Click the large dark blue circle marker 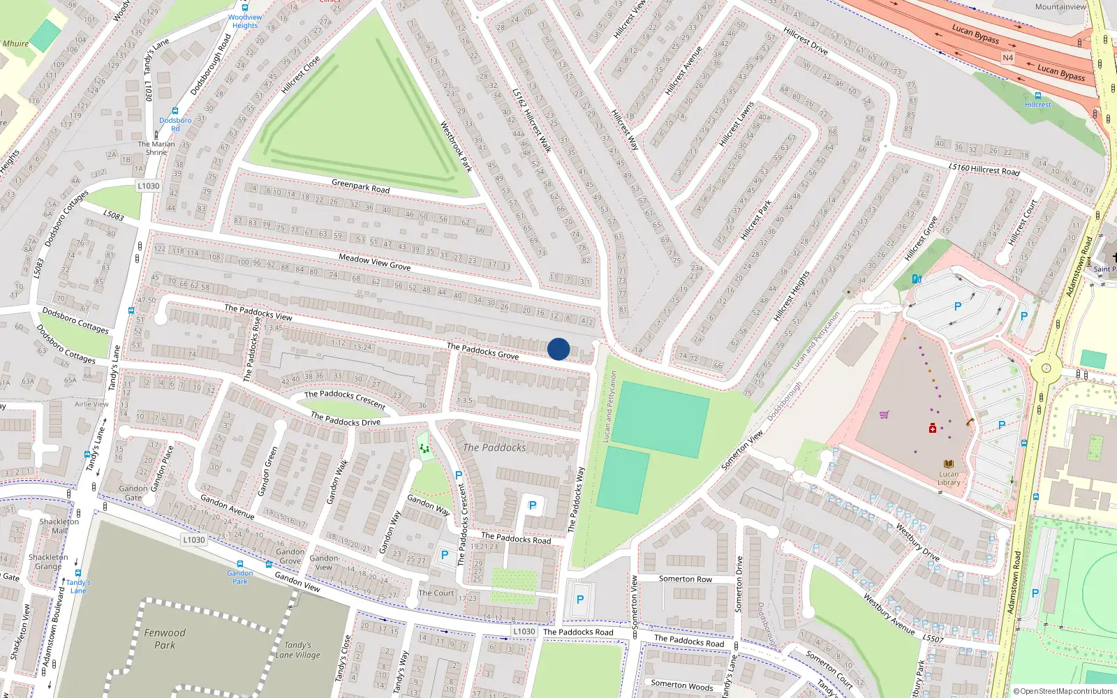[558, 349]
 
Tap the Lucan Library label [949, 478]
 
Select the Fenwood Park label [165, 639]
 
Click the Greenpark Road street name [360, 186]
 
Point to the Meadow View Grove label [374, 262]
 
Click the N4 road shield [1007, 58]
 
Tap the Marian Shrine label [156, 148]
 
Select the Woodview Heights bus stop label [245, 21]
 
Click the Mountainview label [1060, 7]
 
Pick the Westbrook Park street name [456, 147]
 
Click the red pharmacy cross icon [932, 428]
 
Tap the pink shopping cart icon [884, 415]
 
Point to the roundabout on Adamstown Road [1045, 368]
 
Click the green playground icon [424, 447]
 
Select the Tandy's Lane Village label [298, 650]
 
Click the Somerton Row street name [685, 579]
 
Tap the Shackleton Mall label [59, 526]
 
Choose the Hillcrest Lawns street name [737, 124]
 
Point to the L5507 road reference [933, 639]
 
